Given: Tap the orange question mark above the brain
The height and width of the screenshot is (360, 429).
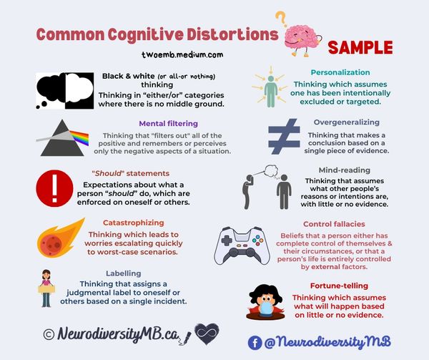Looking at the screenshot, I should coord(281,17).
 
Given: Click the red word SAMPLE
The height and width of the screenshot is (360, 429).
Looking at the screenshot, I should coord(360,48).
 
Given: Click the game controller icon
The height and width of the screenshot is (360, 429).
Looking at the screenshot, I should coord(243,245).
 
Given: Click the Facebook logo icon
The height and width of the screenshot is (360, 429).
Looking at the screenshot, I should coord(255,343).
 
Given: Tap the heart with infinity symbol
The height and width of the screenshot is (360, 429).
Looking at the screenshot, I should coord(205,333).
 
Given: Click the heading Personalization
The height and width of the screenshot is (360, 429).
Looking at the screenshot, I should coord(340,72).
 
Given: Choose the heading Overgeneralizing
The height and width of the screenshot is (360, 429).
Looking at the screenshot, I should coord(346,122).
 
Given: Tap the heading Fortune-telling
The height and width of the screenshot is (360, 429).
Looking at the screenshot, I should coord(345,285).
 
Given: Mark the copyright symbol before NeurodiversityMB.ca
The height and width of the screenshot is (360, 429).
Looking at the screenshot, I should coord(49,334).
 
